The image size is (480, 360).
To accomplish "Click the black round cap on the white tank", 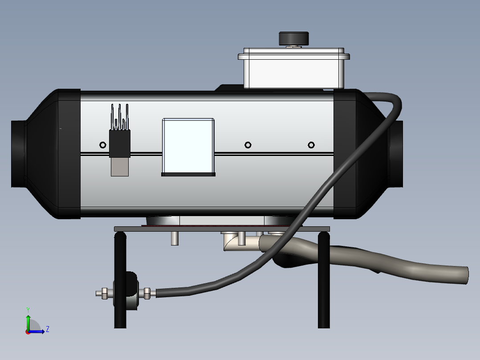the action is tap(293, 39).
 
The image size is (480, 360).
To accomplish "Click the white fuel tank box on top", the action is tap(294, 68).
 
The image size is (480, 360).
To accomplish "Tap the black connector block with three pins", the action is tap(120, 143).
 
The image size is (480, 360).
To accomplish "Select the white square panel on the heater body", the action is tap(188, 146).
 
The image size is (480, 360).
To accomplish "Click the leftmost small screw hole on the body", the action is tap(103, 145).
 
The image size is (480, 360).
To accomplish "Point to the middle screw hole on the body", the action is tap(248, 145).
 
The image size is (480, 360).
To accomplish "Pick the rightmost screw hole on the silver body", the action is tap(311, 145).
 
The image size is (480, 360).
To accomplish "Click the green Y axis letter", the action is tap(28, 310).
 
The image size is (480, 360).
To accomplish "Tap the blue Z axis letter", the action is tap(48, 329).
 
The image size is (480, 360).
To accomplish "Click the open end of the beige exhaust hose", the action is tap(466, 275).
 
